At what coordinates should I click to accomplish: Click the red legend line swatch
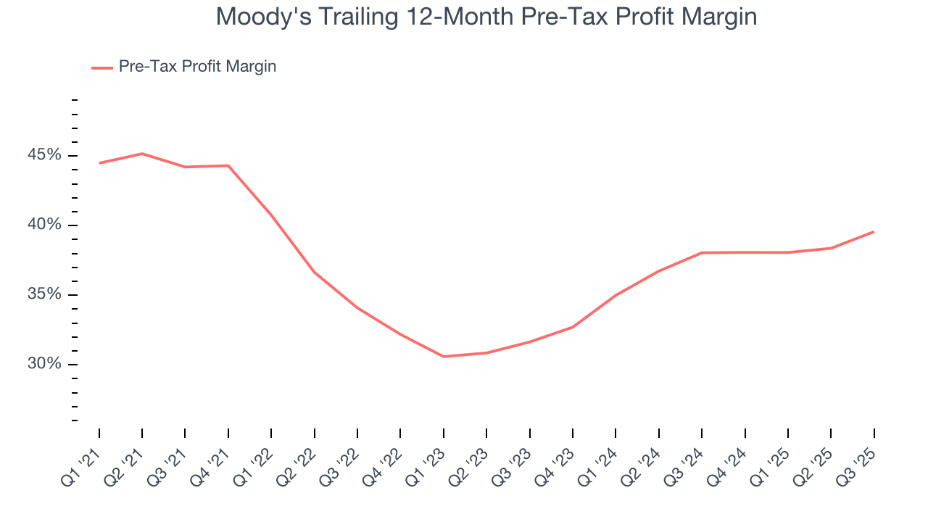(x=101, y=67)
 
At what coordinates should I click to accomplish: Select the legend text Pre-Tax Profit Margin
(x=197, y=67)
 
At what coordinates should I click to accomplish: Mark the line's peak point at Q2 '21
(x=142, y=154)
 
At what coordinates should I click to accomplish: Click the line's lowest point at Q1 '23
(x=444, y=357)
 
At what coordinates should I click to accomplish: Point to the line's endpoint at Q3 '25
(x=874, y=231)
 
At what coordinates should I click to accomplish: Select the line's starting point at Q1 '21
(x=99, y=163)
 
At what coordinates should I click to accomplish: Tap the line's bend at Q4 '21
(x=228, y=165)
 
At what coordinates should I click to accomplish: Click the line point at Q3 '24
(x=702, y=252)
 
